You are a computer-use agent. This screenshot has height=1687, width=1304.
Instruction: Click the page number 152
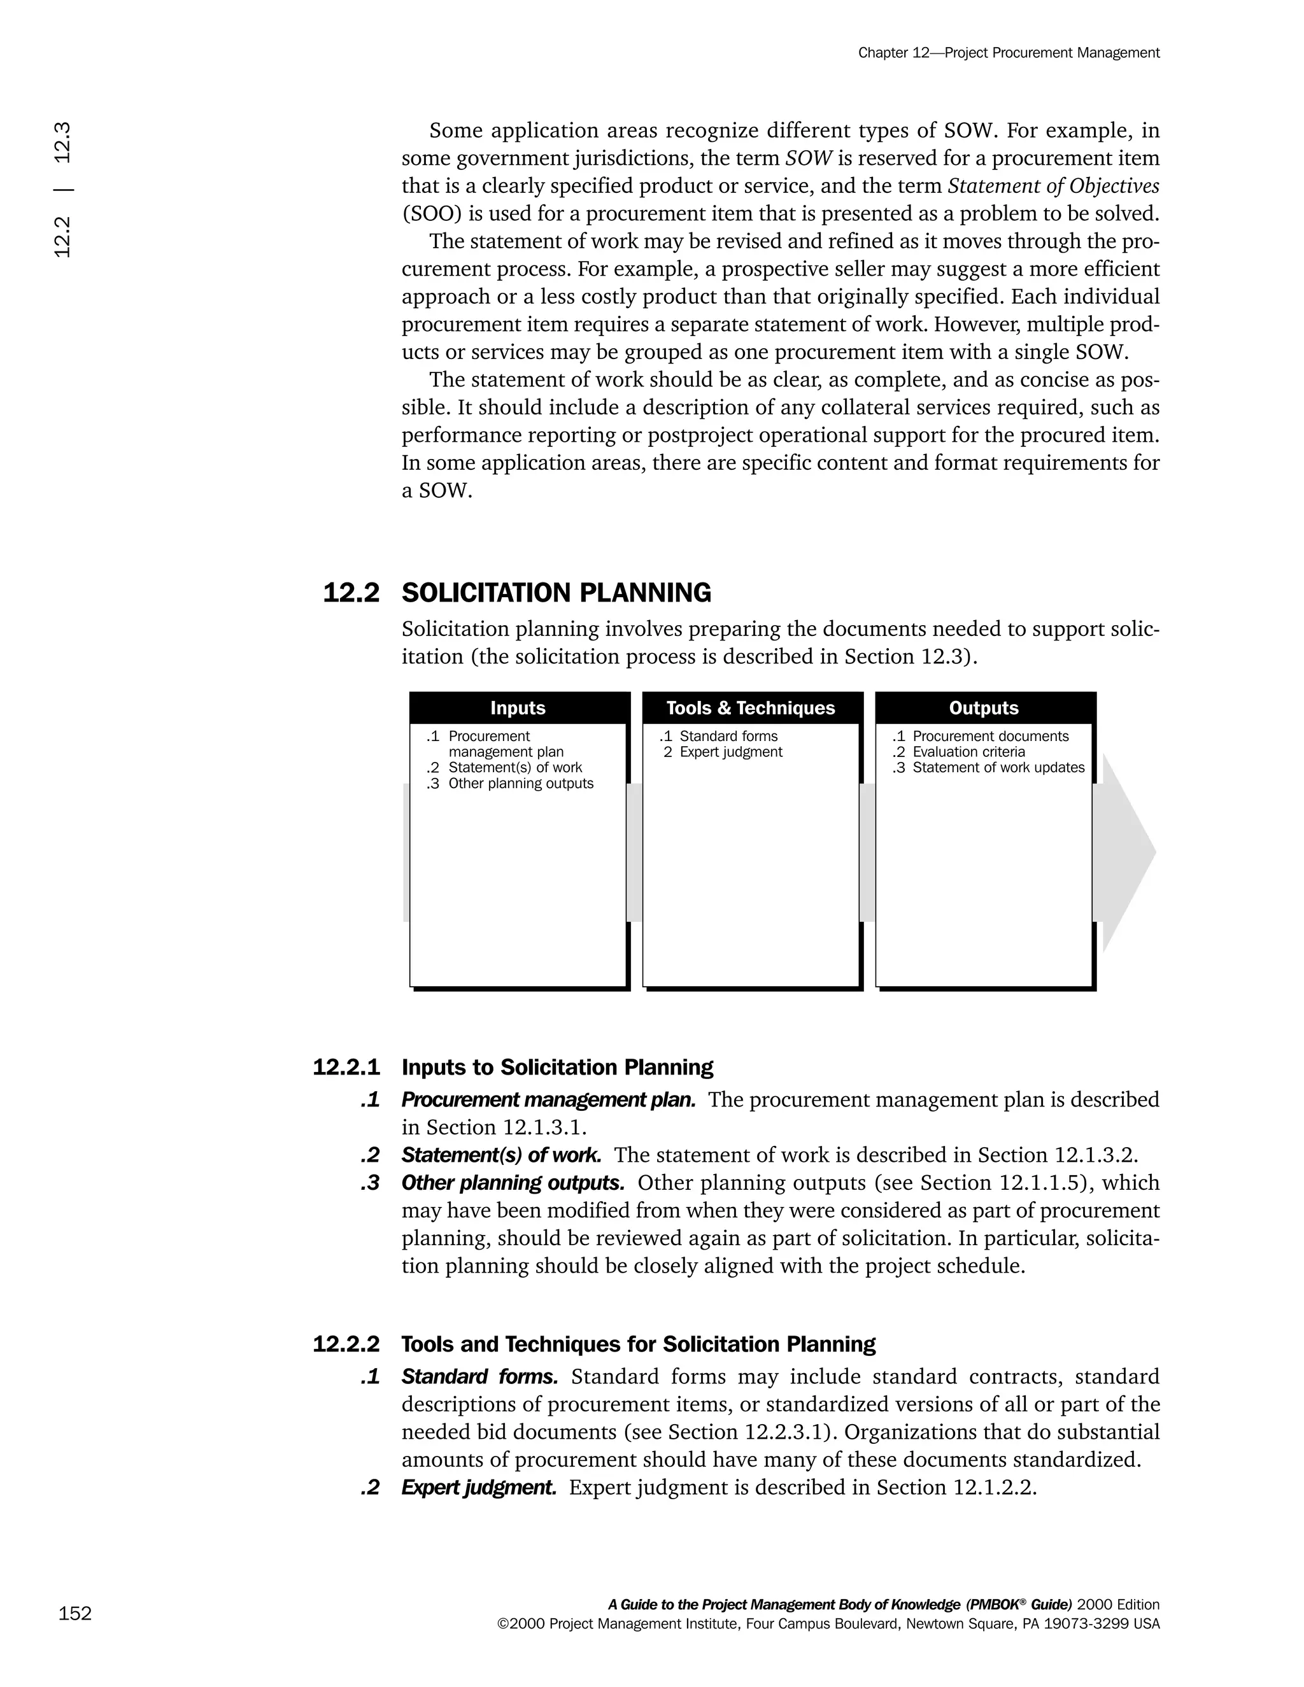tap(75, 1613)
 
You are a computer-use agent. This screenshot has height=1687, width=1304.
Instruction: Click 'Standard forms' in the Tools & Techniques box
tap(728, 736)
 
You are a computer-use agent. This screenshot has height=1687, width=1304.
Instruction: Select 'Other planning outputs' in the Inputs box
tap(521, 783)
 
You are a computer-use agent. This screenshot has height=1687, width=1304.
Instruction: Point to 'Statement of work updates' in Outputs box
tap(998, 767)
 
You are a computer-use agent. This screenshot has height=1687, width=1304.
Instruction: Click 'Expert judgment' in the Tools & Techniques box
tap(730, 752)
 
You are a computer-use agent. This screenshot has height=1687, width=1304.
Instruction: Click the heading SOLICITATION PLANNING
tap(556, 593)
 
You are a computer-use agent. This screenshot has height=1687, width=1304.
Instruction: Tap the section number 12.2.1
tap(346, 1068)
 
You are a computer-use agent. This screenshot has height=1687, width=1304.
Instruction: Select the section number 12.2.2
tap(346, 1344)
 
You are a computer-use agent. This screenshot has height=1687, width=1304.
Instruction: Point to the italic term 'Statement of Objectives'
tap(1054, 186)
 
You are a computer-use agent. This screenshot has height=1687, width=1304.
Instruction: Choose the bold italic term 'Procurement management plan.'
tap(548, 1100)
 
